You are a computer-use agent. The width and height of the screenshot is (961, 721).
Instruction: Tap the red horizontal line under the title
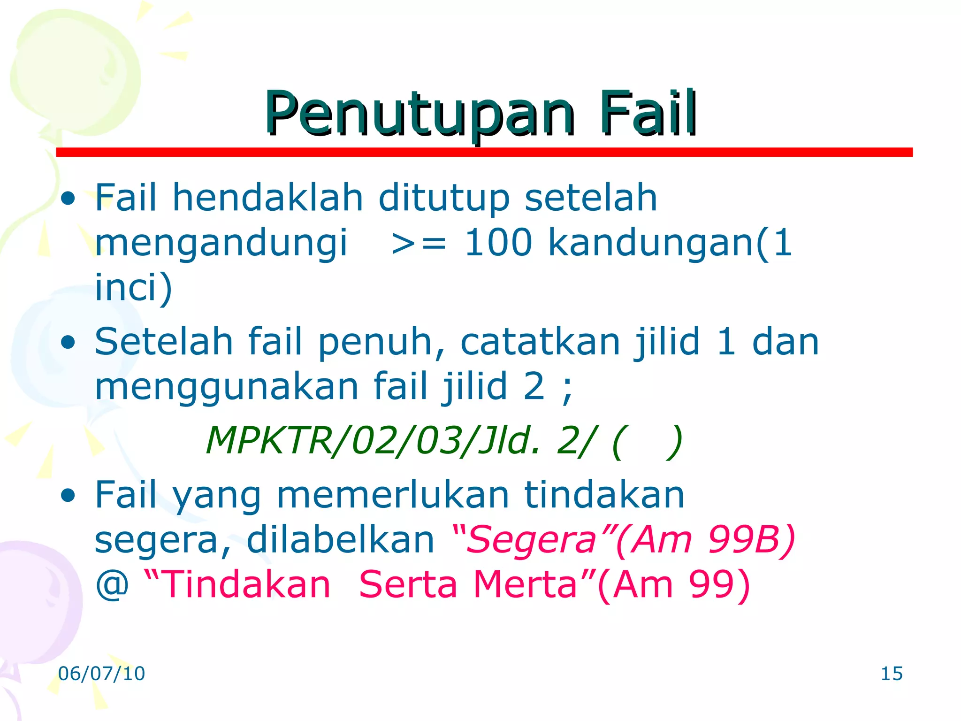pyautogui.click(x=483, y=152)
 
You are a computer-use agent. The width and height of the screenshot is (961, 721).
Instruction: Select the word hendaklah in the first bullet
pyautogui.click(x=267, y=198)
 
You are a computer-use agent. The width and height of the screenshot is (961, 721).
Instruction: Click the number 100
pyautogui.click(x=498, y=243)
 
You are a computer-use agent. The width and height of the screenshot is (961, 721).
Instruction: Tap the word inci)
pyautogui.click(x=133, y=287)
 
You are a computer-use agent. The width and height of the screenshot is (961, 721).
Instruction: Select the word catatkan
pyautogui.click(x=540, y=342)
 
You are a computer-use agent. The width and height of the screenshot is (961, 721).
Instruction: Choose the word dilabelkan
pyautogui.click(x=341, y=540)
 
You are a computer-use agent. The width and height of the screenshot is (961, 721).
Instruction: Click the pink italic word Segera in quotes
pyautogui.click(x=531, y=540)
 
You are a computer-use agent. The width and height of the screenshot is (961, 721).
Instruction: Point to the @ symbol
pyautogui.click(x=112, y=585)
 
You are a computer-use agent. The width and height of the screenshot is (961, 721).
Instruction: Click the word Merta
pyautogui.click(x=525, y=585)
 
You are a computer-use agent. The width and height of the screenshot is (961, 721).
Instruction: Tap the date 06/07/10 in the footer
pyautogui.click(x=101, y=674)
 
